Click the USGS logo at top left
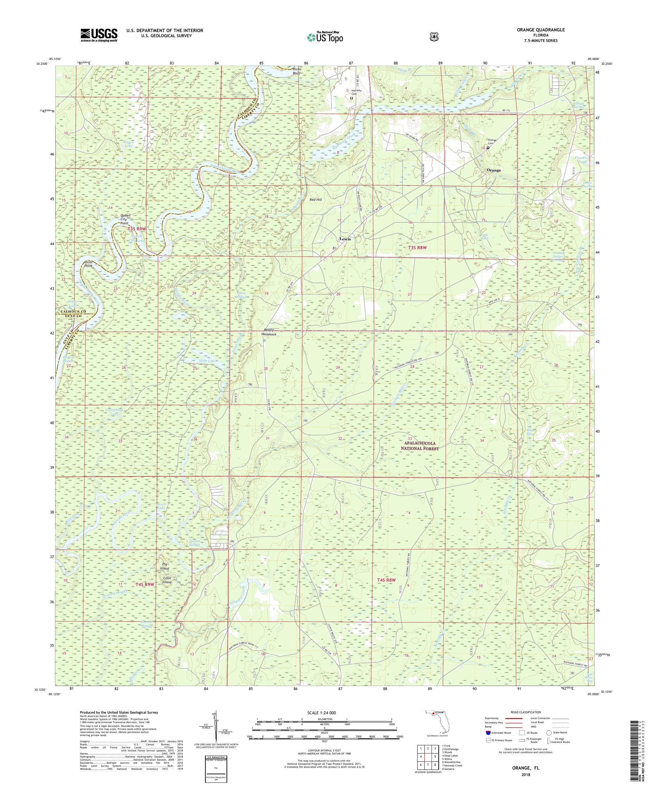pos(99,35)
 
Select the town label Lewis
pos(345,239)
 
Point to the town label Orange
pos(494,170)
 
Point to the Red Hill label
pos(316,200)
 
